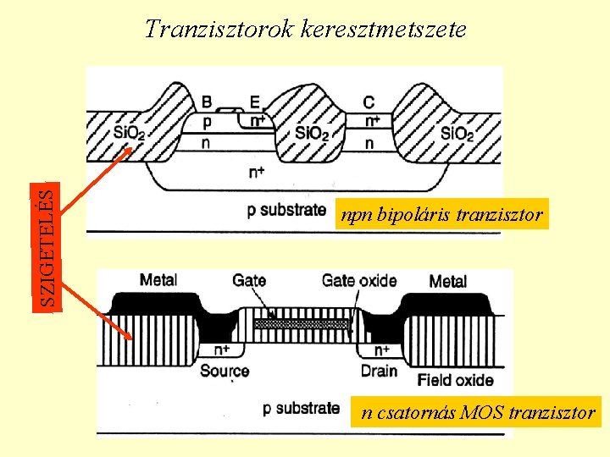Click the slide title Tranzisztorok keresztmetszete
point(305,29)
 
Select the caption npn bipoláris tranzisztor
point(441,215)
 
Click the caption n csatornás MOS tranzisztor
point(478,413)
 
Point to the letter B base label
point(208,102)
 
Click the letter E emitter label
point(254,102)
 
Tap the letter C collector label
point(369,102)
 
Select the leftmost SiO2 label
point(130,133)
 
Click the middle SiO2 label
point(311,133)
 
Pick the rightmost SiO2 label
point(457,133)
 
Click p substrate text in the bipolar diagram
point(286,209)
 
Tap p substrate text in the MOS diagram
point(302,408)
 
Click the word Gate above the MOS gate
point(249,280)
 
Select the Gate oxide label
point(359,280)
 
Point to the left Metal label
point(158,280)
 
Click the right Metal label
point(448,281)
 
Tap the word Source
point(225,371)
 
